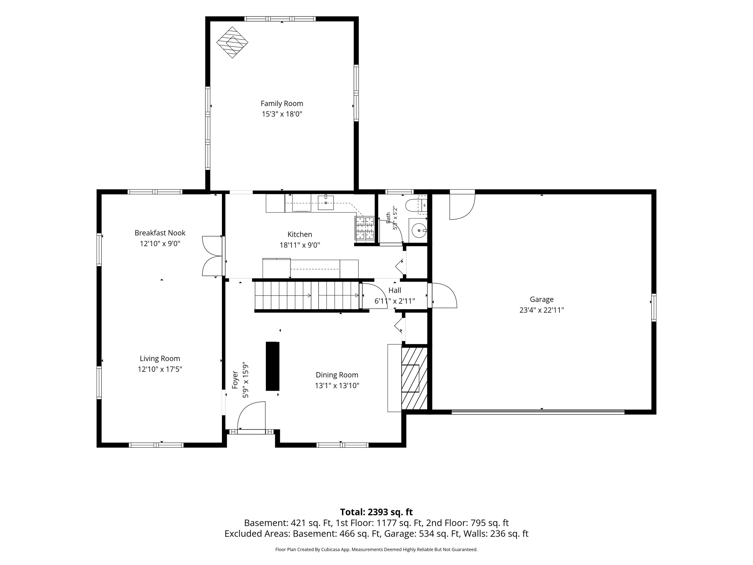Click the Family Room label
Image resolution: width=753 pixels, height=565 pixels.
pos(282,103)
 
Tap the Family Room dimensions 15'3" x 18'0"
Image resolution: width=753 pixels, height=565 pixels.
pos(282,114)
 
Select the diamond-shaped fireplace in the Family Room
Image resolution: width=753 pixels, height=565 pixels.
pos(232,42)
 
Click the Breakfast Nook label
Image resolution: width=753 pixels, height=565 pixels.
pos(160,233)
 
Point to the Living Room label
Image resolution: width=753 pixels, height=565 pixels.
pos(160,359)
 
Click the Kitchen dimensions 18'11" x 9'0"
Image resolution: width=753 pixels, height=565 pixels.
pos(300,245)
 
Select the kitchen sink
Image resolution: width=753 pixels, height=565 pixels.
pos(326,203)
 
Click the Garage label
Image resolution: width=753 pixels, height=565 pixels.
pos(542,299)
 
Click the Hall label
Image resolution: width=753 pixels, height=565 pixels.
pos(395,291)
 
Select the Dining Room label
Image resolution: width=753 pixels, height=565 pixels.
pos(337,375)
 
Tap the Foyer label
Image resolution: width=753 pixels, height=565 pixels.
pos(235,380)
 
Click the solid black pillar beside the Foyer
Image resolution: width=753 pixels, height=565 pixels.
pos(272,366)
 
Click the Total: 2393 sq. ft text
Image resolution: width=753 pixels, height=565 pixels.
pos(376,512)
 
